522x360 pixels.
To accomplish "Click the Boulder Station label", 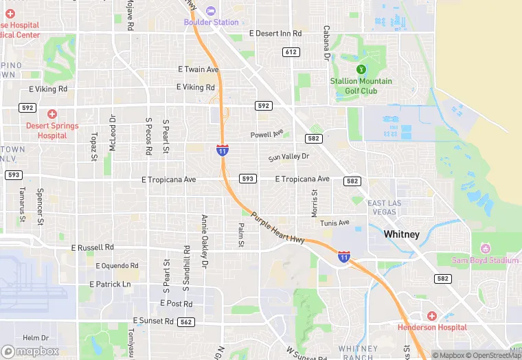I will pyautogui.click(x=211, y=22).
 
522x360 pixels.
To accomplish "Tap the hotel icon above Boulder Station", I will pyautogui.click(x=211, y=10).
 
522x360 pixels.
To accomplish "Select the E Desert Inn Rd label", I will pyautogui.click(x=275, y=33).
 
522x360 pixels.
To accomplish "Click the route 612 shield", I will pyautogui.click(x=291, y=52).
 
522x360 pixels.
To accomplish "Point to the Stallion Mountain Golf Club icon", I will pyautogui.click(x=361, y=69).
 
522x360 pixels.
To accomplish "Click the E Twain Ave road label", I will pyautogui.click(x=198, y=69).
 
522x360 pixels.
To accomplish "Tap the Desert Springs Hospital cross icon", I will pyautogui.click(x=52, y=114).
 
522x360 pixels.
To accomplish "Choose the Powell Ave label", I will pyautogui.click(x=266, y=135).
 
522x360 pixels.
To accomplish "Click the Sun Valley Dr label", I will pyautogui.click(x=288, y=157).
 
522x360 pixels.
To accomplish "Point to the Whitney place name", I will pyautogui.click(x=401, y=234).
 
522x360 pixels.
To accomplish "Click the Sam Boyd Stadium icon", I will pyautogui.click(x=486, y=248).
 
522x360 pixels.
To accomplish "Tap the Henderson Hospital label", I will pyautogui.click(x=432, y=327).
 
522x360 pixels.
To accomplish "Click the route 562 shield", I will pyautogui.click(x=185, y=322).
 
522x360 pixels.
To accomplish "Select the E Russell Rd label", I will pyautogui.click(x=93, y=247).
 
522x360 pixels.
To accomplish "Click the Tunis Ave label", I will pyautogui.click(x=334, y=223).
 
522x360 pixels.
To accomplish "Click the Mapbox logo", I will pyautogui.click(x=31, y=351).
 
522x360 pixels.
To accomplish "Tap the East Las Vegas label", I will pyautogui.click(x=383, y=207).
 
